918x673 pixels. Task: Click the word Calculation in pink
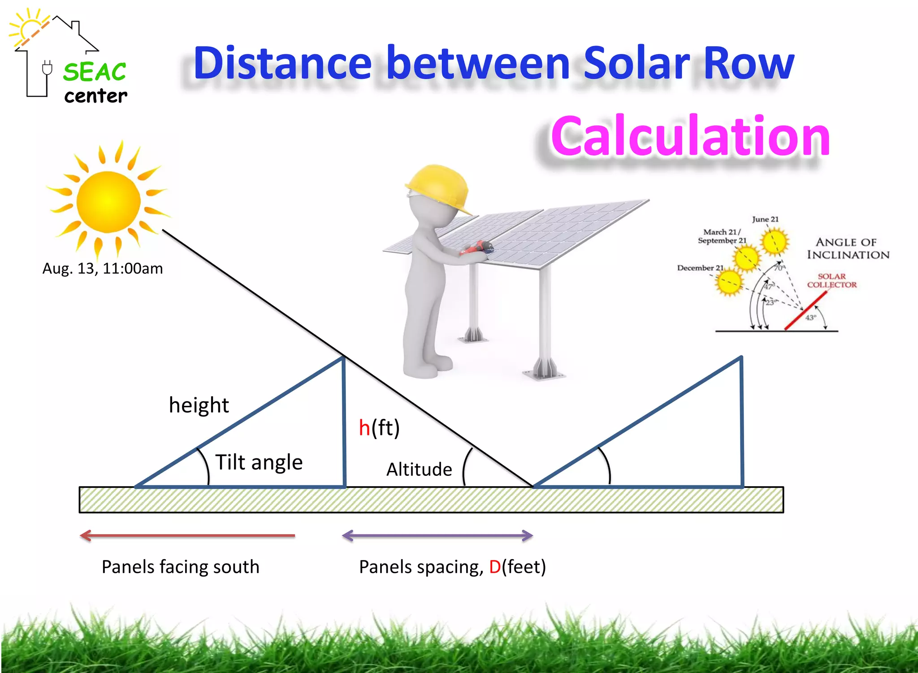click(690, 136)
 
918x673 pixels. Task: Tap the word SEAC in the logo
click(95, 72)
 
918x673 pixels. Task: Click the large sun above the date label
click(108, 202)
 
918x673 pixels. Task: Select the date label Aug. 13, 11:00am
click(103, 268)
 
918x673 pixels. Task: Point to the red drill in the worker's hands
click(477, 248)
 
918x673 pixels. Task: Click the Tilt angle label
click(259, 462)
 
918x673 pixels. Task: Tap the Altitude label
click(419, 470)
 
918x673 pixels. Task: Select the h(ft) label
click(379, 427)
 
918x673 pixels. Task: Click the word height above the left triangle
click(199, 405)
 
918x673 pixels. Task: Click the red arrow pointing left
click(187, 535)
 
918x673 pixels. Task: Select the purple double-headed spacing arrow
click(437, 535)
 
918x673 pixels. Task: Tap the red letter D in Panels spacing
click(494, 567)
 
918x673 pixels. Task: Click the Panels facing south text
click(180, 567)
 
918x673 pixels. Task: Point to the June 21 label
click(765, 219)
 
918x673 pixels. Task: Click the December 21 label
click(700, 268)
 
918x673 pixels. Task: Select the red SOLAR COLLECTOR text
click(831, 280)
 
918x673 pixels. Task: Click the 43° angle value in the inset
click(811, 318)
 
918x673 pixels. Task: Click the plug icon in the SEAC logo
click(47, 69)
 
